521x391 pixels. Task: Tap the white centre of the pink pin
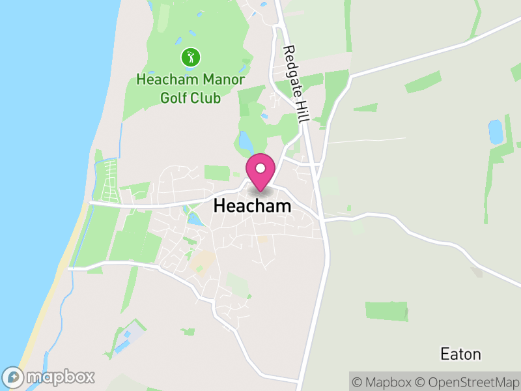coord(260,168)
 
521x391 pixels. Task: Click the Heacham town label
coord(252,206)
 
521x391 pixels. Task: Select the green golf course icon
coord(190,57)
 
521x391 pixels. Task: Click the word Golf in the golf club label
coord(173,98)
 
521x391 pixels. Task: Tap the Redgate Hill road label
coord(295,85)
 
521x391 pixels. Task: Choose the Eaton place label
coord(460,355)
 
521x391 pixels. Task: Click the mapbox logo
coord(49,377)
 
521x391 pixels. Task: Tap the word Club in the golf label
coord(205,98)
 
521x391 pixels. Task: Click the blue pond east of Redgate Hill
coord(496,132)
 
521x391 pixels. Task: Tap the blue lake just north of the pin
coord(246,141)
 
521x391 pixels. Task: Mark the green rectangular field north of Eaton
coord(386,311)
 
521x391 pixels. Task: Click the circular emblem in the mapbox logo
coord(13,377)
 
